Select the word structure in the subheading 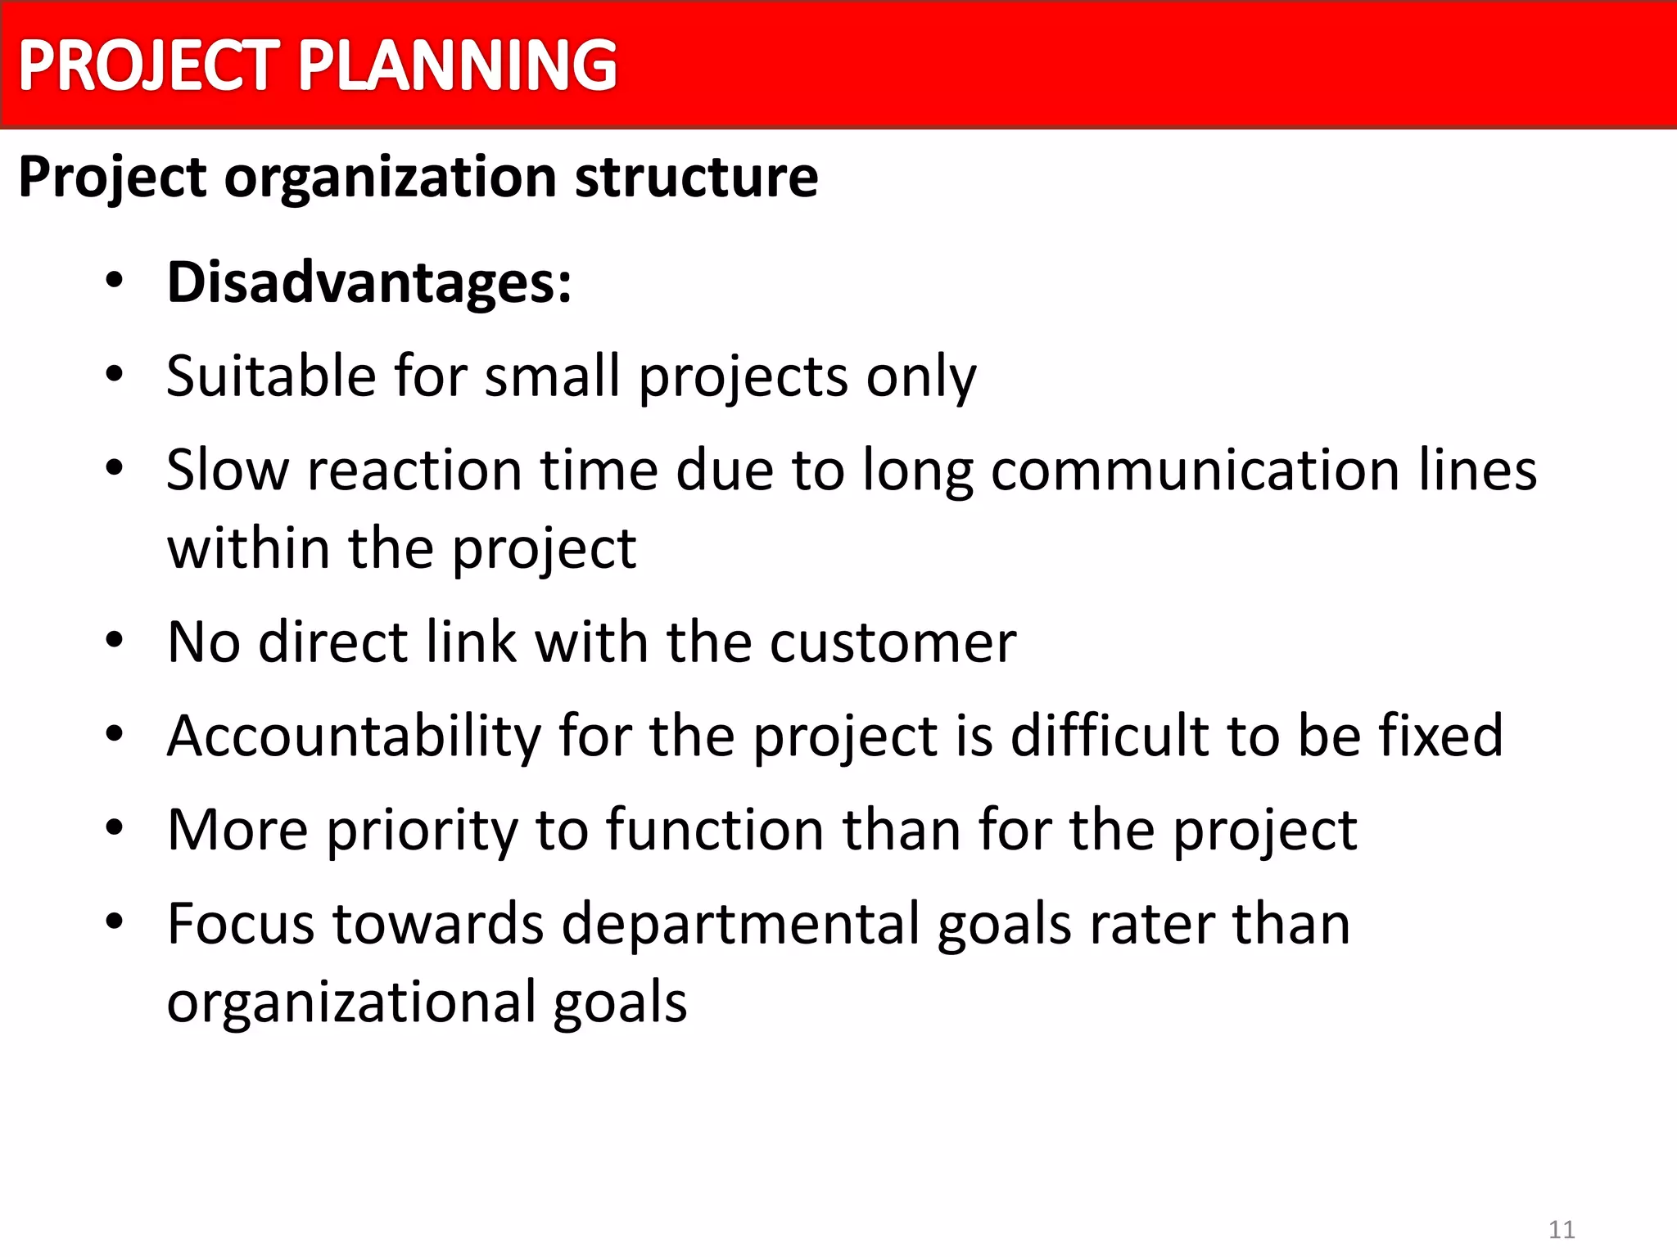(x=696, y=178)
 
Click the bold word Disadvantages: (x=369, y=282)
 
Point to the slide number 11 (x=1562, y=1229)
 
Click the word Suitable (x=271, y=376)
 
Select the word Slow (x=228, y=471)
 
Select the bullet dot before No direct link (x=115, y=640)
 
